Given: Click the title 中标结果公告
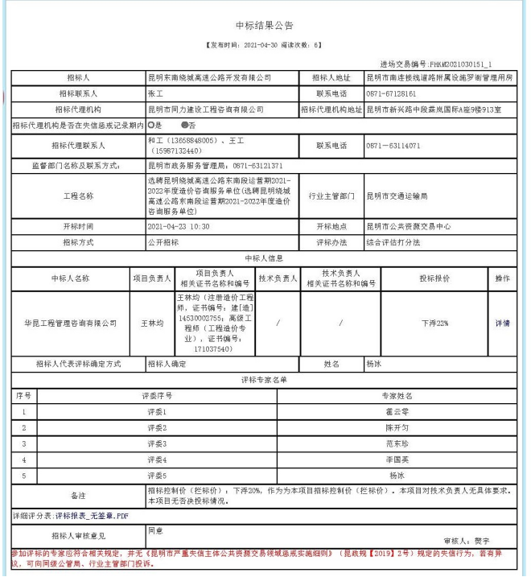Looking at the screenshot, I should pos(265,26).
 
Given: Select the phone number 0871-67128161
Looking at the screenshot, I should pos(395,93).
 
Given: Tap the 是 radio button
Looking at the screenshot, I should pos(150,126).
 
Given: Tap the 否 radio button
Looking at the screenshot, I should pos(185,126).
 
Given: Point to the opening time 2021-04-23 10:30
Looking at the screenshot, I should pos(179,226).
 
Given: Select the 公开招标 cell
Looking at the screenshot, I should pos(163,241).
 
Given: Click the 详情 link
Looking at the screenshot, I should pos(502,323).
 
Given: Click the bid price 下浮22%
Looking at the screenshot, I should pos(434,323).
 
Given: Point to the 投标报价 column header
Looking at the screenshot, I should pos(434,278).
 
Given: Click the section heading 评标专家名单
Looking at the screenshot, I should pos(265,379).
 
